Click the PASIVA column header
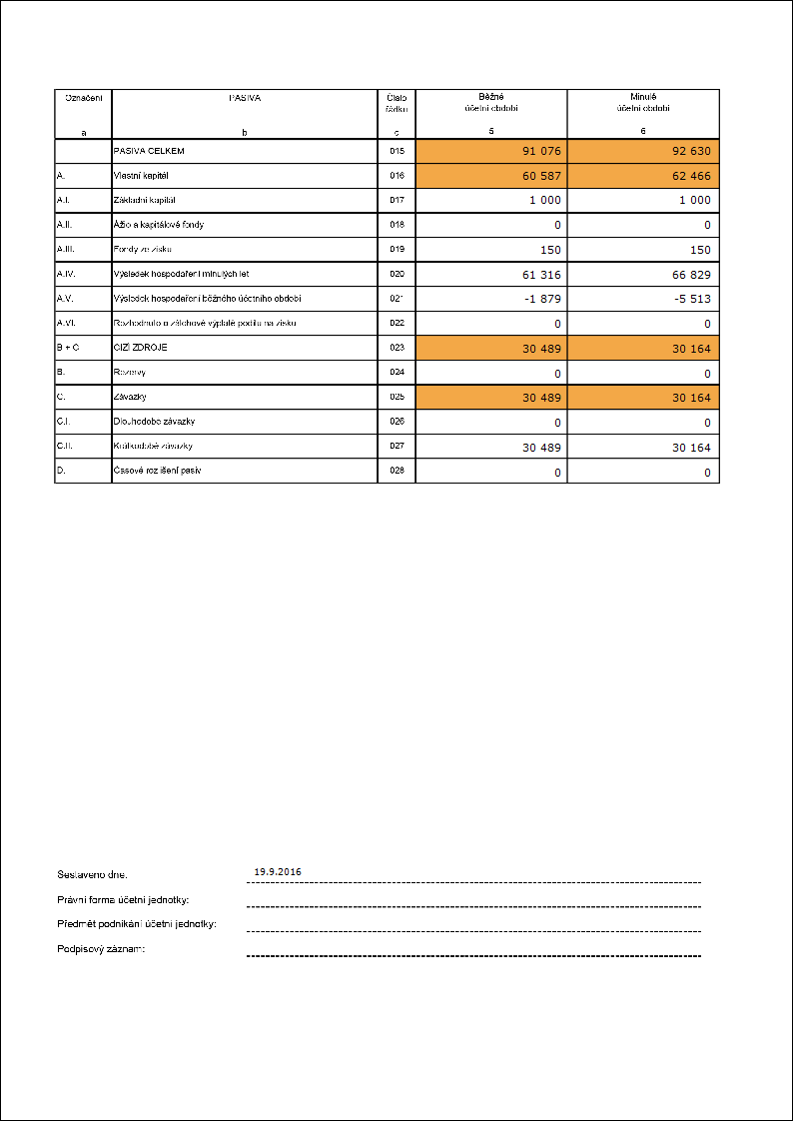[245, 98]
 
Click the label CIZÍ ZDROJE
[141, 348]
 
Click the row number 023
[396, 348]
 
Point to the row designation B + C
[68, 348]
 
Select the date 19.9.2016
[278, 871]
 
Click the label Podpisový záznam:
[102, 948]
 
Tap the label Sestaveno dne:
[93, 874]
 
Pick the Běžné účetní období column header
[491, 103]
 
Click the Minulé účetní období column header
[643, 103]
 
